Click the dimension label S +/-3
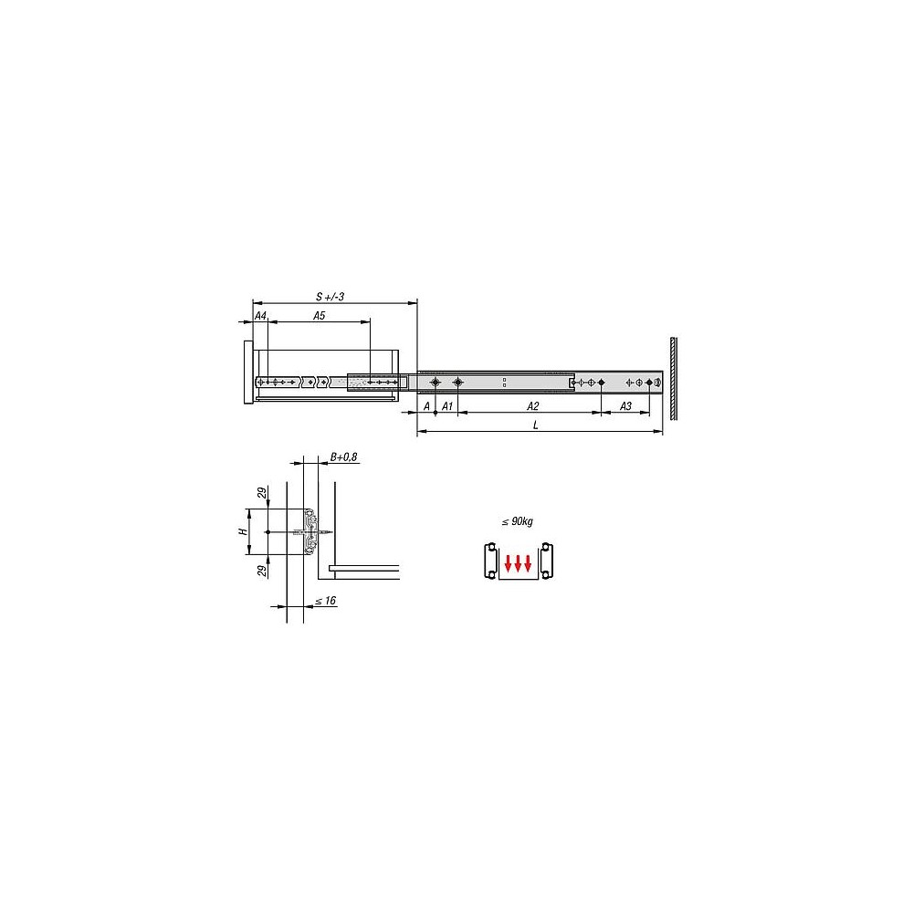click(330, 297)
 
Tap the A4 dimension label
click(260, 316)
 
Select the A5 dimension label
click(319, 316)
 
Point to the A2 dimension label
click(533, 406)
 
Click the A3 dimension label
click(625, 406)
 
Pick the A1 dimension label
click(446, 406)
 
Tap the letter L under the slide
click(536, 425)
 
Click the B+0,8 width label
click(343, 457)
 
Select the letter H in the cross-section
click(244, 531)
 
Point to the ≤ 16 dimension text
click(326, 601)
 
